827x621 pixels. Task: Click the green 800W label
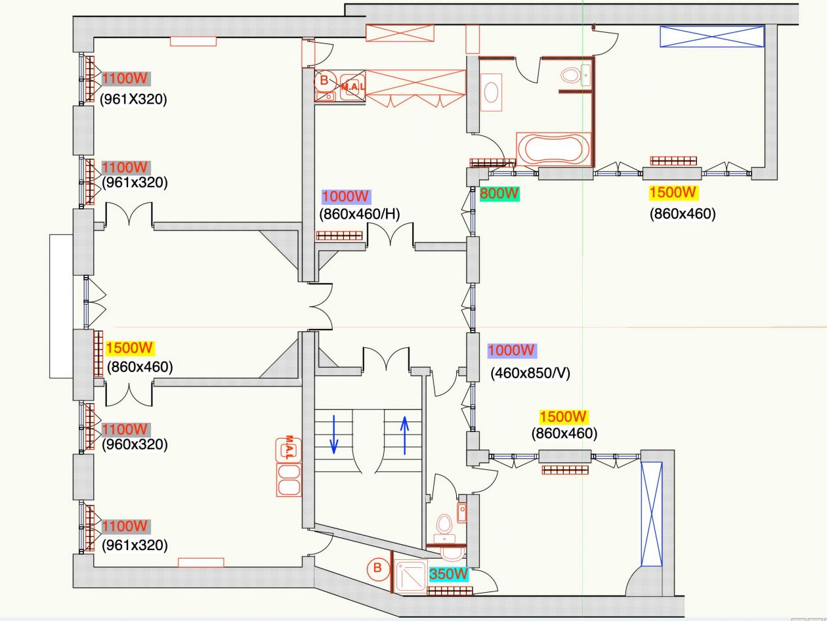499,194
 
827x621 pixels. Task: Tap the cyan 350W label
449,574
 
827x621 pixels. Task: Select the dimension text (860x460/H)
360,213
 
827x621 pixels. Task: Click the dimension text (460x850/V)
530,374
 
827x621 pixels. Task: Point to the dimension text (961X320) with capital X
133,100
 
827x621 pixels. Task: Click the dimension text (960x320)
135,444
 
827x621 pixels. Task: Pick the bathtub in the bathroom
553,149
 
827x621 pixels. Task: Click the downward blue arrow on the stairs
333,434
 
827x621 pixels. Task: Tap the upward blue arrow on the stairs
404,435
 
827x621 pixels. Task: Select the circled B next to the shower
377,568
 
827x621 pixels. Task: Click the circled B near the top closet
324,81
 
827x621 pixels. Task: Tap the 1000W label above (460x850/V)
512,351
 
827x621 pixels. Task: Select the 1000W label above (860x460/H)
346,196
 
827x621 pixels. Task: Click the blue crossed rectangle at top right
712,36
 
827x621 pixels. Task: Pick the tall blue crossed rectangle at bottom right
651,513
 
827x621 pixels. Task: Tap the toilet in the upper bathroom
570,76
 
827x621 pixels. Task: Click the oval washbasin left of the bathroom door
492,93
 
